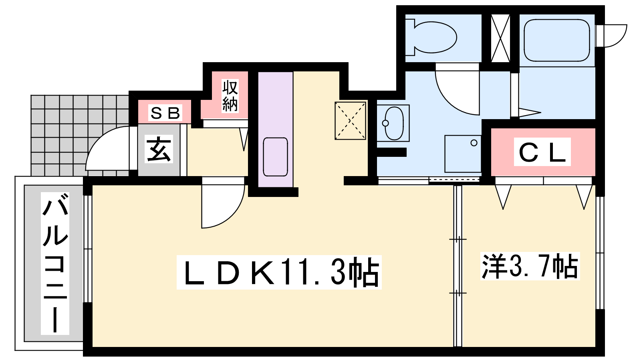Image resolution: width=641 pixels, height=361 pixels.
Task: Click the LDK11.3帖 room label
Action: (279, 272)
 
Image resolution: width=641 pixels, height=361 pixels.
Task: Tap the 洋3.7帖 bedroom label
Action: (530, 266)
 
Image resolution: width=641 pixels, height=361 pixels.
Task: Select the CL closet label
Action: (542, 152)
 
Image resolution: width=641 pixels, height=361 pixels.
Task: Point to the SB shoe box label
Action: (165, 113)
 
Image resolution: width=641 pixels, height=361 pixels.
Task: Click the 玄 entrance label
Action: (159, 149)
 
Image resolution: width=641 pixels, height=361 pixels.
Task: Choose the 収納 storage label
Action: (230, 96)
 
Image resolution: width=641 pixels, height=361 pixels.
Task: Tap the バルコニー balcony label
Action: (55, 264)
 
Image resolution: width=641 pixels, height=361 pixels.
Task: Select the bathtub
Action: (556, 40)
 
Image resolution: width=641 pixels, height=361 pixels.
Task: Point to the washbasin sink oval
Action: (394, 123)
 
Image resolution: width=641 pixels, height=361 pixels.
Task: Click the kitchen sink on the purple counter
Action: (275, 157)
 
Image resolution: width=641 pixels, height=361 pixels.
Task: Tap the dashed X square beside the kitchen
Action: (350, 121)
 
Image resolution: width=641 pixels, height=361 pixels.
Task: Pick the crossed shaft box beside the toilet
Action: (500, 38)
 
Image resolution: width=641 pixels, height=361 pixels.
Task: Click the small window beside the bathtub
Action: (611, 36)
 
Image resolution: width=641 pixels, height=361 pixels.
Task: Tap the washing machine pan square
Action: (463, 154)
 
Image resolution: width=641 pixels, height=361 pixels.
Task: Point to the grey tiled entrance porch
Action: (80, 135)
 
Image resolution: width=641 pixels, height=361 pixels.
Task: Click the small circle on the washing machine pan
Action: (474, 143)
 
